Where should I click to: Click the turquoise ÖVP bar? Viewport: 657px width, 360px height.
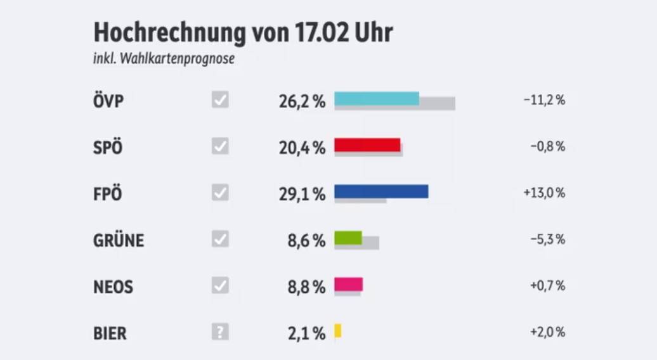(x=377, y=98)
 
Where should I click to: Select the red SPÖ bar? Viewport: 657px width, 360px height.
(x=367, y=145)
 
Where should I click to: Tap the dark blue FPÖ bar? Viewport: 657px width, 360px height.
(x=381, y=191)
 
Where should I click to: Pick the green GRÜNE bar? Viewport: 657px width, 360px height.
(x=348, y=238)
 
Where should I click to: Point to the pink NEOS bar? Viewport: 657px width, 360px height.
(x=348, y=284)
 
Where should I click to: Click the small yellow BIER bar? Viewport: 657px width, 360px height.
(x=338, y=330)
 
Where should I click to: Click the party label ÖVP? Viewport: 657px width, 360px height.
(x=108, y=101)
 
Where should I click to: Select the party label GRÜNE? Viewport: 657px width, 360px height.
(x=119, y=240)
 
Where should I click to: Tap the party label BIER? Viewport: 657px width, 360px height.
(x=110, y=333)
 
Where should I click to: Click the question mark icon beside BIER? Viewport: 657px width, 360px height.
(x=220, y=331)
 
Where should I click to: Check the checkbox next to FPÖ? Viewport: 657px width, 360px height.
(x=220, y=192)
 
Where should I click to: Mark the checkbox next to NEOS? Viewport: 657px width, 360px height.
(x=220, y=285)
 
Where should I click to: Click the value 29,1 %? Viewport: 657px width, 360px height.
(x=302, y=193)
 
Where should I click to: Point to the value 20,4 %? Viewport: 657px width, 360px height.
(x=302, y=147)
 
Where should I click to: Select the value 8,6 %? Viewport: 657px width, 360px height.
(x=306, y=240)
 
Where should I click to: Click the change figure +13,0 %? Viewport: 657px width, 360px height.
(x=544, y=193)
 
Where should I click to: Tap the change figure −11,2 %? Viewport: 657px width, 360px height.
(x=544, y=100)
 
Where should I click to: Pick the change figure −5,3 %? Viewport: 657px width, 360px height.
(x=547, y=240)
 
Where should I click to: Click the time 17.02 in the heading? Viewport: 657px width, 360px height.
(x=321, y=32)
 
